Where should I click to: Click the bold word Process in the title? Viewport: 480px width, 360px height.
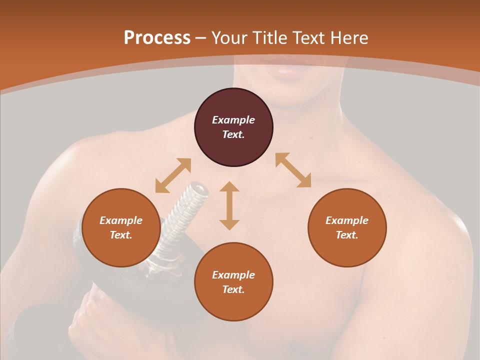157,38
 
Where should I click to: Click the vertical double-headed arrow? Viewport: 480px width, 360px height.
229,205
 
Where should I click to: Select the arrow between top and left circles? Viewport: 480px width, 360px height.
173,175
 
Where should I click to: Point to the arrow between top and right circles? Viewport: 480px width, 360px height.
293,170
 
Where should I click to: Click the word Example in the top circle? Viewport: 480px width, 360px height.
233,120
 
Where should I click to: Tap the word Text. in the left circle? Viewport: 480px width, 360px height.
121,235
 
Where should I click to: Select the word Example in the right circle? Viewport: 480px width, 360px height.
347,220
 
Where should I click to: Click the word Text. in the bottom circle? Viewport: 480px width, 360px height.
233,289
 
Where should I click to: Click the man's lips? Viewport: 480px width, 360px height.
287,70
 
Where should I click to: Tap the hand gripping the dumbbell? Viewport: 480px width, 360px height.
92,320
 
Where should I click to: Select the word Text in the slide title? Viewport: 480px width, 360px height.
309,38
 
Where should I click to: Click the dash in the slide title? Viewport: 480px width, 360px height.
200,38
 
